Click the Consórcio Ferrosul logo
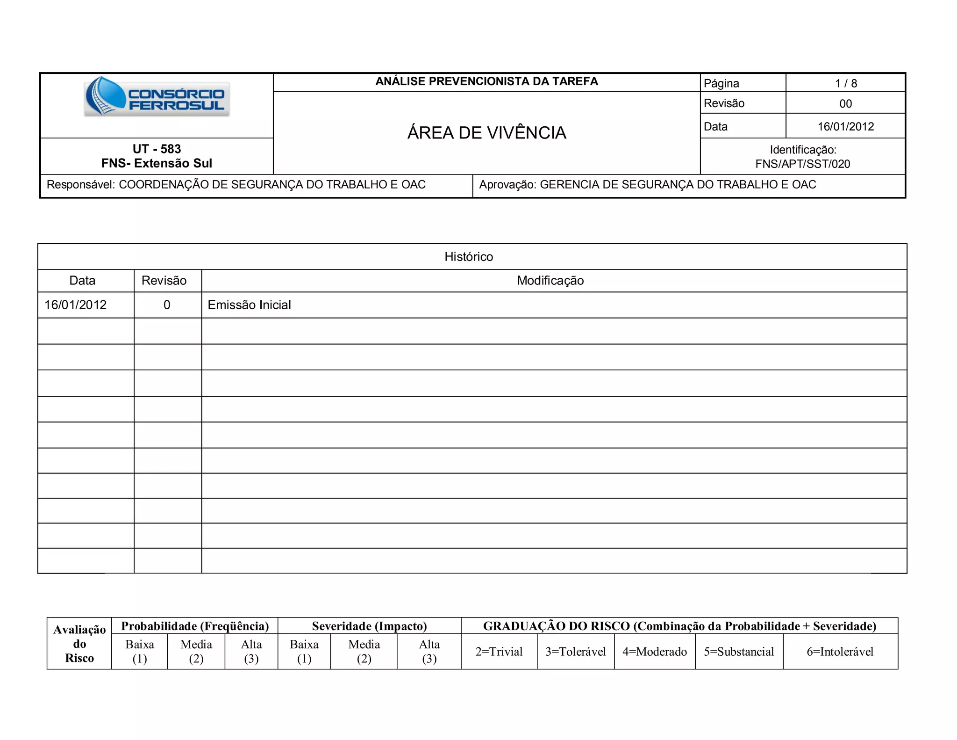pos(157,96)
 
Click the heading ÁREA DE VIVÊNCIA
pos(486,133)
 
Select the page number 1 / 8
pos(846,83)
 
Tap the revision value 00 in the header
pos(845,104)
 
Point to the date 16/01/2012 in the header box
pos(845,127)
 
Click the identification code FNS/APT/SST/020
pos(802,164)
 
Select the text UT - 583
pos(157,149)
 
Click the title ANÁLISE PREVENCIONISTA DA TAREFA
pos(486,81)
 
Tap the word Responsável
pos(80,185)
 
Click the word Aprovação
pos(507,185)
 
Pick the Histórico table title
pos(469,257)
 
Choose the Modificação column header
pos(550,281)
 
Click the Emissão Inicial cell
pos(249,305)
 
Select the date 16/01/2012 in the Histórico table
pos(75,305)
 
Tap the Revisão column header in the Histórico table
pos(164,281)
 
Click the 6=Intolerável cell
pos(840,652)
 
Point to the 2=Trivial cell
pos(499,652)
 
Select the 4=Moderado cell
pos(654,652)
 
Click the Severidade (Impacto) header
pos(369,626)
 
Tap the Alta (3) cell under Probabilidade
pos(251,652)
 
